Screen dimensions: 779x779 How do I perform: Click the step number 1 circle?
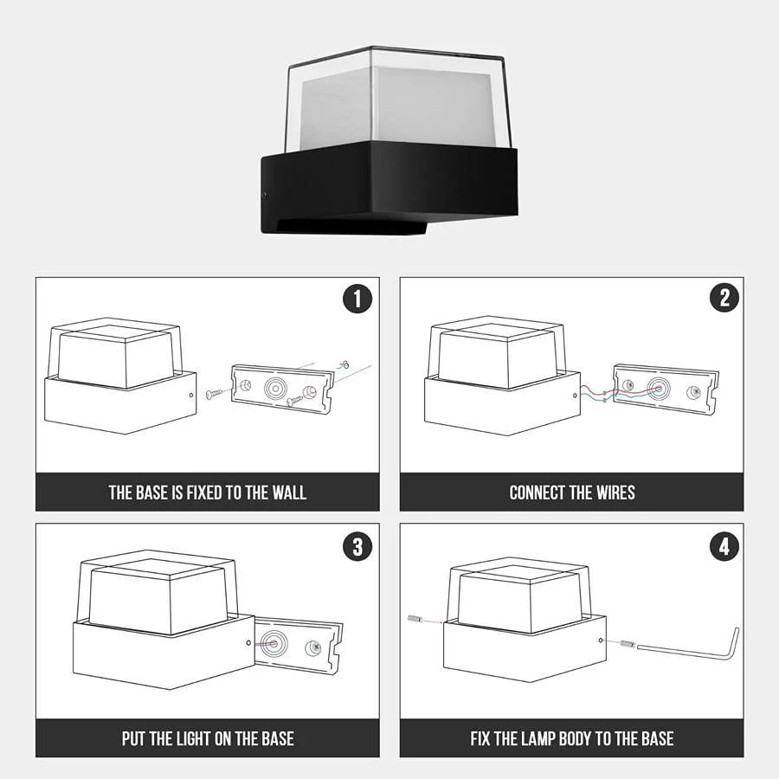[357, 299]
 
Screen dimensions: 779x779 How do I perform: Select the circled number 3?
[357, 546]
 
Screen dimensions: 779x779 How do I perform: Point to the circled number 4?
[724, 546]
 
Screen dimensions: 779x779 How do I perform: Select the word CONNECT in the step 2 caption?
[538, 493]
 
